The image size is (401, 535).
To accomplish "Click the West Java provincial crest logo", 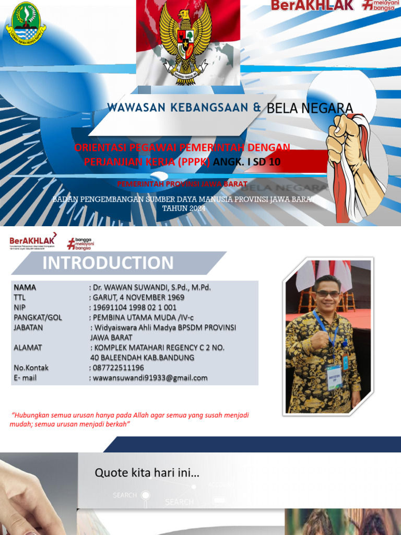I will point(25,24).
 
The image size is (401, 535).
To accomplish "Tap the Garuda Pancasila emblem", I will point(185,39).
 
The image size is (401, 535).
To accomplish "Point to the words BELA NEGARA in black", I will point(310,108).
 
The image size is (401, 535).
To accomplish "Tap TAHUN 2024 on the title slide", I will point(184,208).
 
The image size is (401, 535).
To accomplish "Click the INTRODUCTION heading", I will point(108,263).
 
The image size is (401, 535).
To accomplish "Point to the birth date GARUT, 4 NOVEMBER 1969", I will point(138,297).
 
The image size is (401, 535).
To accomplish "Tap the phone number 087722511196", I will point(118,368).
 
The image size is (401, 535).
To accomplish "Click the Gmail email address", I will point(150,378).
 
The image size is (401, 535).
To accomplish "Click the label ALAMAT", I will point(28,347).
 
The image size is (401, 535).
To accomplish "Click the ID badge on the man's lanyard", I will point(335,376).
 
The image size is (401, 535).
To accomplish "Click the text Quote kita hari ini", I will point(147,473).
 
